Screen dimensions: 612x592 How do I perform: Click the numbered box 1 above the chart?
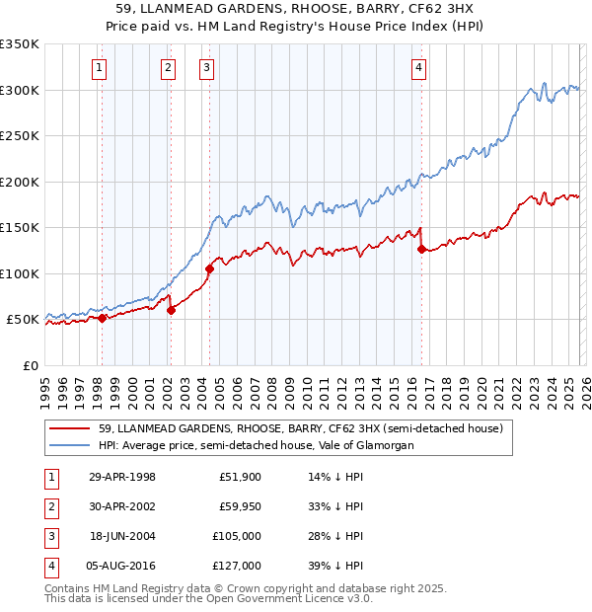(101, 68)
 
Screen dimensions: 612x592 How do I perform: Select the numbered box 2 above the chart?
(169, 68)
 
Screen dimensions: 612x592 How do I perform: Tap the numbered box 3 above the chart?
(206, 68)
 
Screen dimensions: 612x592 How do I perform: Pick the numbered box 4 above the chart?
(419, 68)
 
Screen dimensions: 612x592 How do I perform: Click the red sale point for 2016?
(421, 249)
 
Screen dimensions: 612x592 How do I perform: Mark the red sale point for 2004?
(209, 268)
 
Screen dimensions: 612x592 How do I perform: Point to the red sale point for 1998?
(102, 318)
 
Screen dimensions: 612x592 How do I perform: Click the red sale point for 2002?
(171, 310)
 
